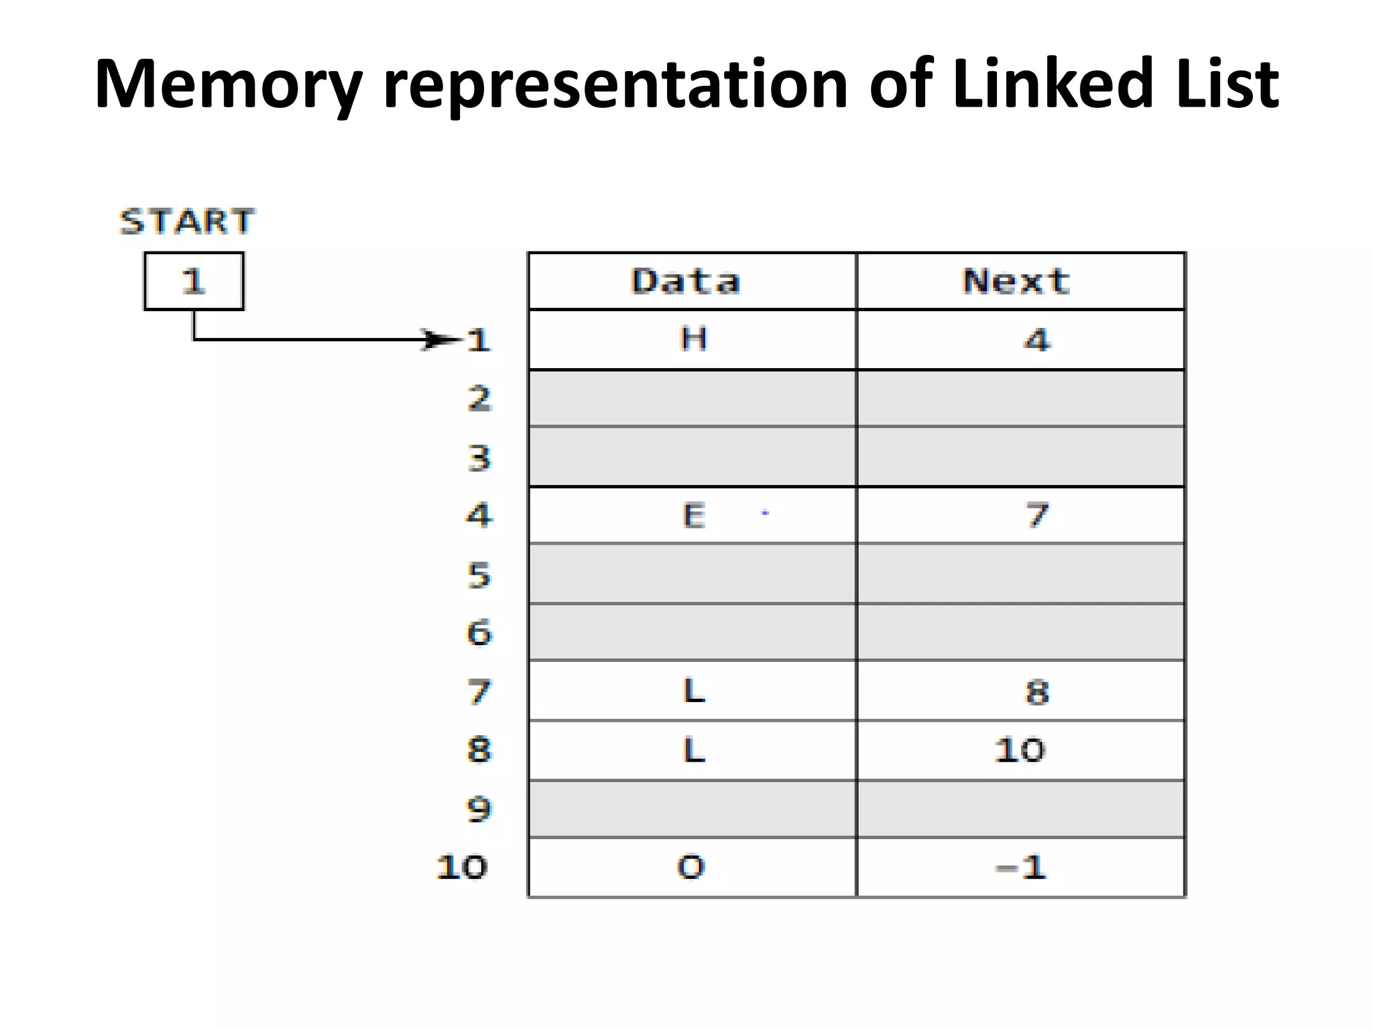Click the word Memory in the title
click(x=228, y=85)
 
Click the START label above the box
click(x=187, y=221)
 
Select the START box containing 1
click(x=194, y=281)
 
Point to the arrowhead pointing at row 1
click(x=439, y=340)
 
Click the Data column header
click(x=686, y=281)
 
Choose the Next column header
click(x=1017, y=281)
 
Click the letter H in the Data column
click(x=693, y=339)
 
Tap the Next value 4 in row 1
click(x=1037, y=340)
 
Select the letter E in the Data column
click(x=694, y=516)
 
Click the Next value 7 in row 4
click(x=1037, y=516)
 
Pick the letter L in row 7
click(x=694, y=691)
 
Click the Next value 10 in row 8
click(x=1020, y=750)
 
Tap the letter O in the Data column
click(x=691, y=867)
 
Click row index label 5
click(x=479, y=575)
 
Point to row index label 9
click(x=479, y=809)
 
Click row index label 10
click(x=462, y=867)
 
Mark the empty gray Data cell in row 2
click(x=692, y=398)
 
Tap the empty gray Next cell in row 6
click(x=1020, y=632)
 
